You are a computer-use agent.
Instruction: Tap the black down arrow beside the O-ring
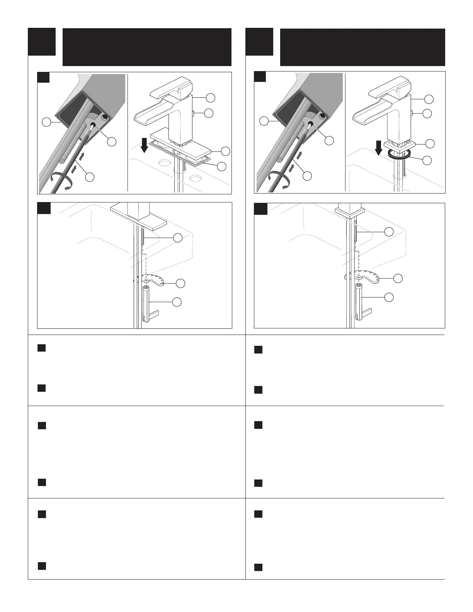pos(379,148)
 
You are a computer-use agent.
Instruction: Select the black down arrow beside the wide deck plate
pos(144,146)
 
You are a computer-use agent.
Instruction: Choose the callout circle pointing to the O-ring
pos(428,160)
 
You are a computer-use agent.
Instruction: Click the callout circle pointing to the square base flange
pos(428,144)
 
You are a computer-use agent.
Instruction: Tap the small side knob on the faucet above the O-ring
pos(413,113)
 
